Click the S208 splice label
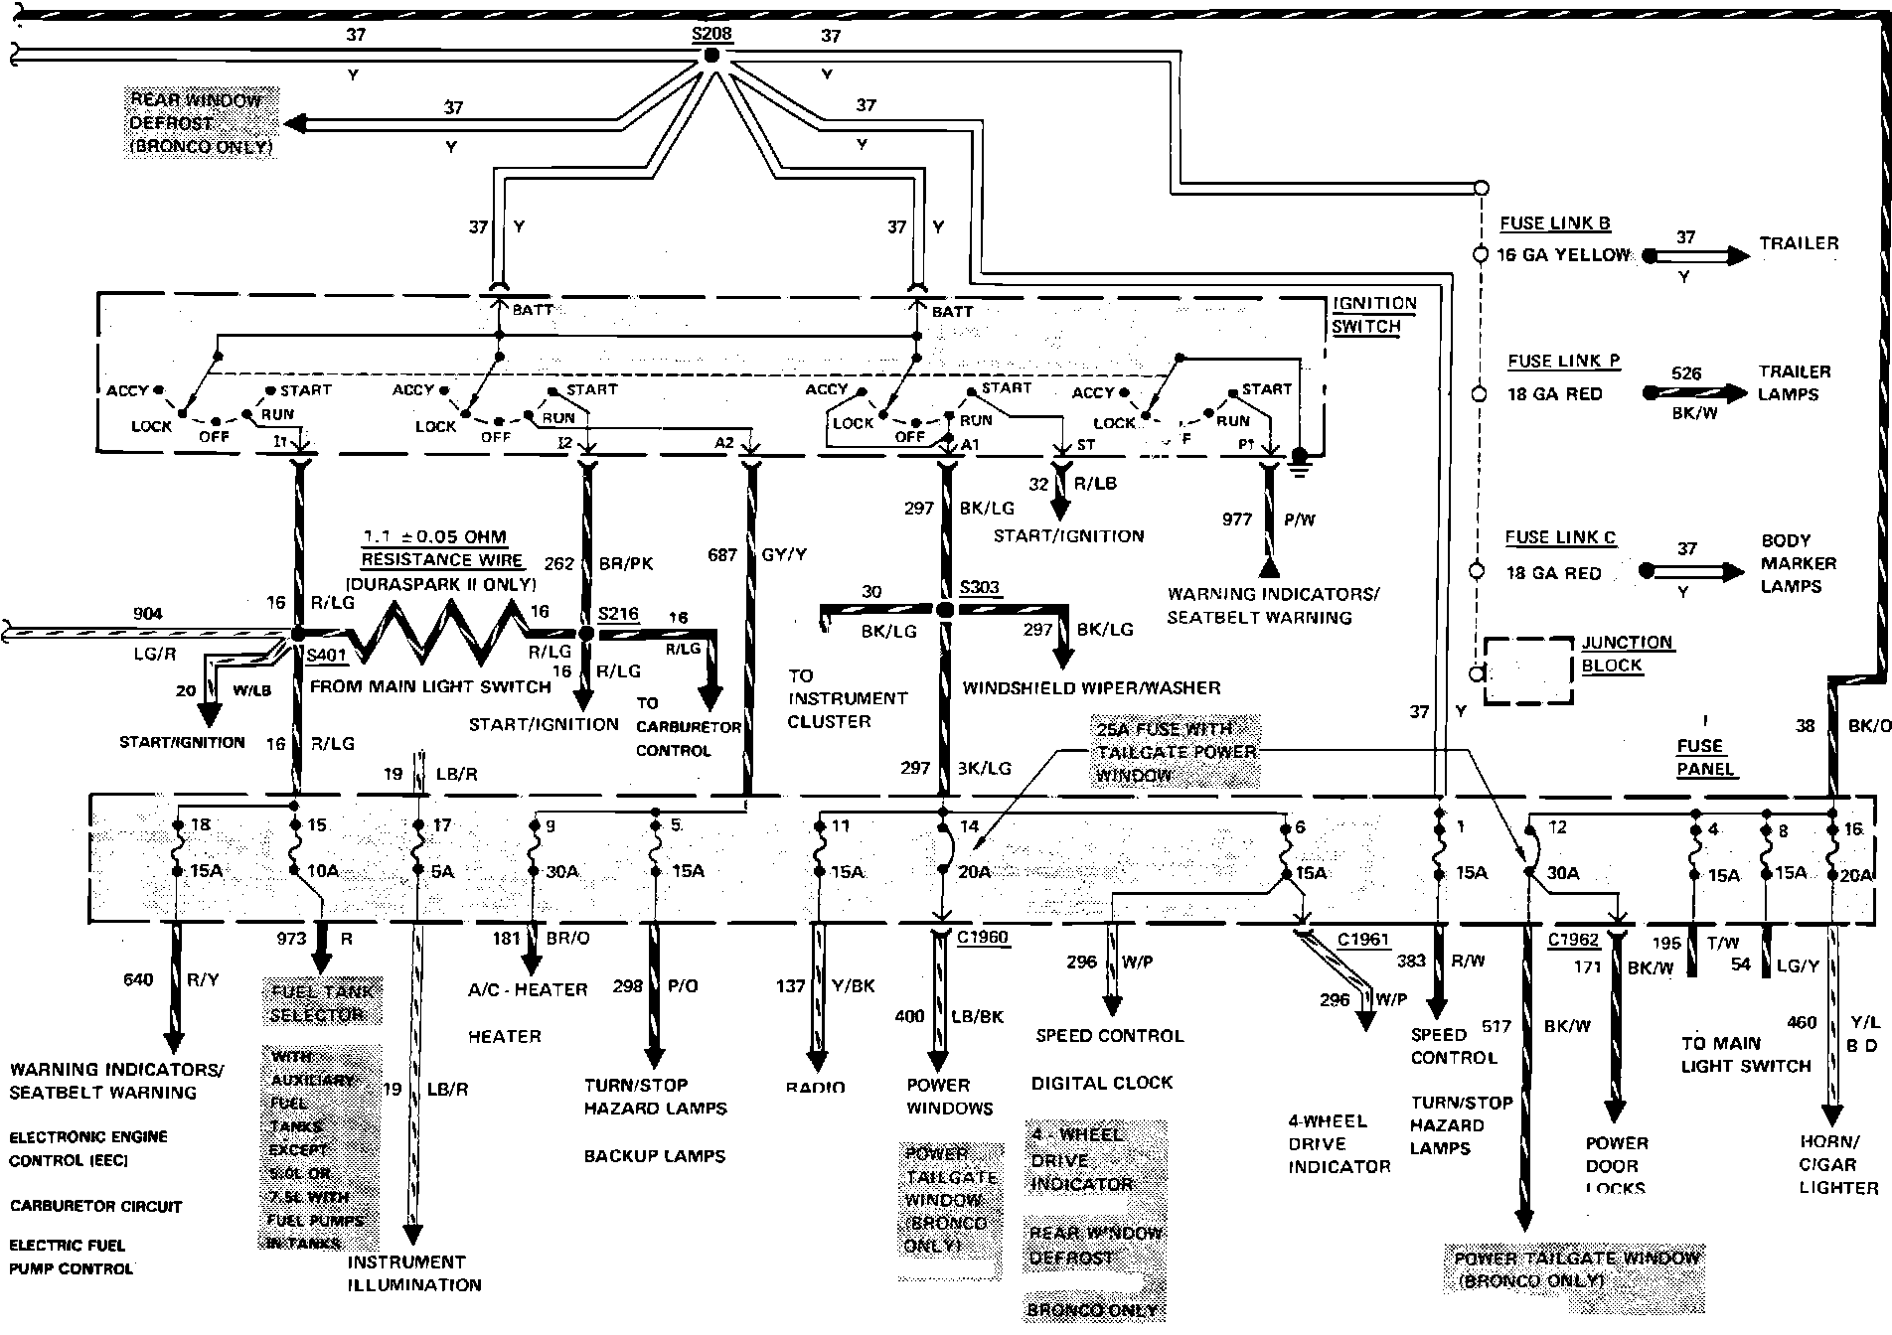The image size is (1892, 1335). coord(711,34)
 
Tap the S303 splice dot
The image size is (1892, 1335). coord(945,609)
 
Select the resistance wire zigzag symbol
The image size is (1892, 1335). coord(437,633)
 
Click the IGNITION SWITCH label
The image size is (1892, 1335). coord(1373,315)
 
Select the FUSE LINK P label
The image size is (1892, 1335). coord(1563,362)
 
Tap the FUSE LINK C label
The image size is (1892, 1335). coord(1559,537)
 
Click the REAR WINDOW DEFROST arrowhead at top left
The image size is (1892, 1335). coord(295,124)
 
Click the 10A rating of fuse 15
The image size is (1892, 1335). coord(323,871)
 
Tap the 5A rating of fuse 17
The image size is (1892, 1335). coord(442,871)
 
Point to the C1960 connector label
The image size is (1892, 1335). coord(982,937)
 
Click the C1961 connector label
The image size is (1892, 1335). coord(1362,940)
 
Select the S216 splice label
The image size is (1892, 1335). coord(618,614)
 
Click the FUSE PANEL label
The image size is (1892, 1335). coord(1705,757)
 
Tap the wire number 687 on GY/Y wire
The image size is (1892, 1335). coord(721,554)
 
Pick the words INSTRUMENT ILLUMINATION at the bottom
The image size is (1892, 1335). coord(413,1273)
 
